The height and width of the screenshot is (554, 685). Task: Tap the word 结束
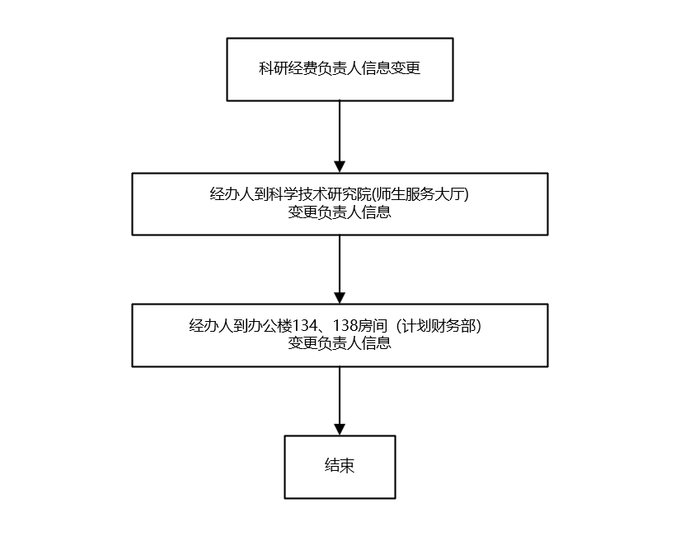click(x=340, y=466)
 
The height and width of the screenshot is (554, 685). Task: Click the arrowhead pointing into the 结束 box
click(x=340, y=429)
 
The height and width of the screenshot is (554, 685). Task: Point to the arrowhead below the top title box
click(x=340, y=166)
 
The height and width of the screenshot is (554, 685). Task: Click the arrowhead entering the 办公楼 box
click(x=340, y=297)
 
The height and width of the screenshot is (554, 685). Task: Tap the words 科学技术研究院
click(x=318, y=195)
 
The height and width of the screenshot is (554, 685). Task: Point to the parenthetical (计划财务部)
click(x=439, y=326)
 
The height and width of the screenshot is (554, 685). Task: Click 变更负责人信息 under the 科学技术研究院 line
click(x=340, y=212)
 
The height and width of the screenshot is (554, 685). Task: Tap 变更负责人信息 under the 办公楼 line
click(x=340, y=343)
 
